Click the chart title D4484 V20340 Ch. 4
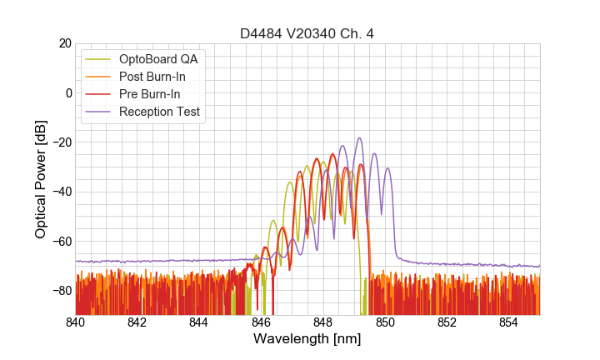[x=307, y=33]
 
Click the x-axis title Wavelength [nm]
[x=307, y=339]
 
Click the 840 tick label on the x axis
[x=76, y=322]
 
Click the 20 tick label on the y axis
[x=64, y=43]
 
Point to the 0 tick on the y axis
[x=68, y=92]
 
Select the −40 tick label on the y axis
[x=61, y=192]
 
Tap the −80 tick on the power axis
[x=61, y=291]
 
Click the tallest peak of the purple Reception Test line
[x=359, y=138]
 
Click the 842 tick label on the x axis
[x=137, y=322]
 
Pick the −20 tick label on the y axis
[x=61, y=142]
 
